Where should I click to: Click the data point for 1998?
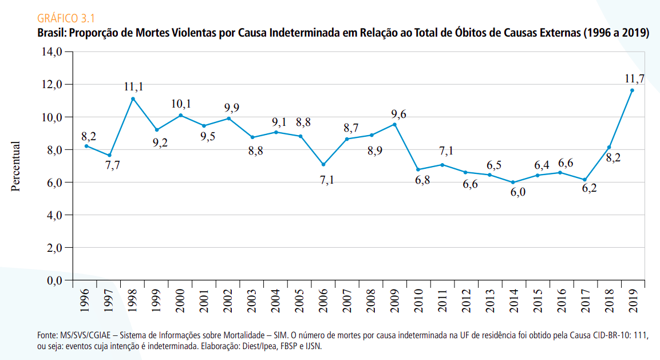[133, 99]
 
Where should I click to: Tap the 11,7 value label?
[634, 79]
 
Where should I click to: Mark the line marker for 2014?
[513, 183]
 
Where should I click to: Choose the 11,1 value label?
[133, 87]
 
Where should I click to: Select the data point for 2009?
[394, 124]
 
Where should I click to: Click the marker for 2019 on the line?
[632, 90]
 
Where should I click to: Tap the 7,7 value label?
[112, 166]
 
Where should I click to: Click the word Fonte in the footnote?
[46, 334]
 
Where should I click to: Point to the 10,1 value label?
[181, 104]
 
